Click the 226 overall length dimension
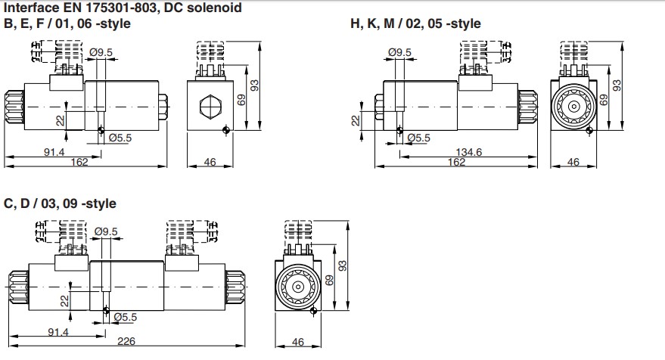(126, 341)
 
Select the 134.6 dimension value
(468, 152)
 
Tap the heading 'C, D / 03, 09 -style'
(60, 203)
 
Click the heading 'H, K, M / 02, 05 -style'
(415, 23)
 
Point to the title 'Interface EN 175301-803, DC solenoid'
(123, 8)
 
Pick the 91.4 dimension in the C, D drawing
(57, 331)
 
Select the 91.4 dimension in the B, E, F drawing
(54, 152)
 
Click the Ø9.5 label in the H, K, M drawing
(399, 52)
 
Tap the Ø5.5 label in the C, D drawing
(126, 317)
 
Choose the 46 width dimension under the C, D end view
(298, 342)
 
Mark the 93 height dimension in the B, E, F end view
(254, 85)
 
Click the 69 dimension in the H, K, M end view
(604, 100)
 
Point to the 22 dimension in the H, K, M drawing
(356, 121)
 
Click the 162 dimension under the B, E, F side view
(79, 162)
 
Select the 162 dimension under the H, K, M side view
(456, 162)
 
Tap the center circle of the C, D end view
(298, 287)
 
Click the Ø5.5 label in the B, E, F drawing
(120, 138)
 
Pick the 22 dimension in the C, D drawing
(64, 301)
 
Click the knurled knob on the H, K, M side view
(527, 107)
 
